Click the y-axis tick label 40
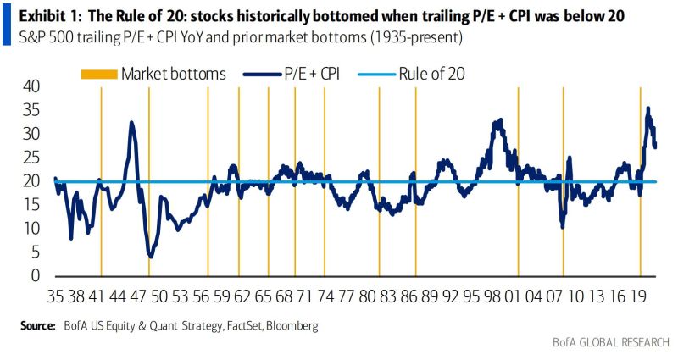31,86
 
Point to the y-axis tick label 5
35,252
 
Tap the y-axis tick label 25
31,158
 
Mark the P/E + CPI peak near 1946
131,122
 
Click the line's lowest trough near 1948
150,255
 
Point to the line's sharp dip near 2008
562,226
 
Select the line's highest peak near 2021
648,108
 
